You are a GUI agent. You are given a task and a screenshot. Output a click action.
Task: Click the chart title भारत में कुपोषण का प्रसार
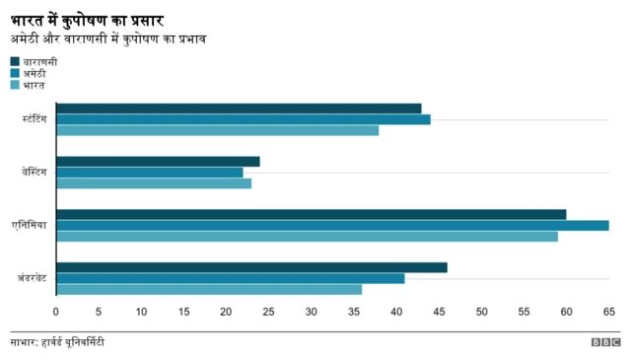click(87, 19)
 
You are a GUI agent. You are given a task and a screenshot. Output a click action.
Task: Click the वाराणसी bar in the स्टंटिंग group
click(239, 108)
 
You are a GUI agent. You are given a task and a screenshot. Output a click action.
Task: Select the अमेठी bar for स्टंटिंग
click(244, 119)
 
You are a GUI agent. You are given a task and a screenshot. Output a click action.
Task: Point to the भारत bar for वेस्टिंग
click(154, 183)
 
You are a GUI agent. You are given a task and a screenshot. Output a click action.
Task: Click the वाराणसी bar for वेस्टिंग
click(158, 162)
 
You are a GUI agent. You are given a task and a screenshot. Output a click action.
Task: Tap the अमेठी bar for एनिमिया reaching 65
click(332, 225)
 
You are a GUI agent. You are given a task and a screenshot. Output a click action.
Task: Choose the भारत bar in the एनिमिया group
click(307, 236)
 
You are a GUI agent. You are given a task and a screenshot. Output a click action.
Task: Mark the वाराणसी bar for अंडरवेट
click(251, 267)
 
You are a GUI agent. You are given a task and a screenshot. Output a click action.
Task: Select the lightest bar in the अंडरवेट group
click(209, 289)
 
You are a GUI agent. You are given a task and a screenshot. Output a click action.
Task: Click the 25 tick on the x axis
click(269, 313)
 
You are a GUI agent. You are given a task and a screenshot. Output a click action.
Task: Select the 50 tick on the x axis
click(481, 313)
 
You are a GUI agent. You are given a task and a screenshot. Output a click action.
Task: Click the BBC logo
click(604, 342)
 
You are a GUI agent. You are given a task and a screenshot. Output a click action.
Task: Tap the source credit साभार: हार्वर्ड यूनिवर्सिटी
click(57, 342)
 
